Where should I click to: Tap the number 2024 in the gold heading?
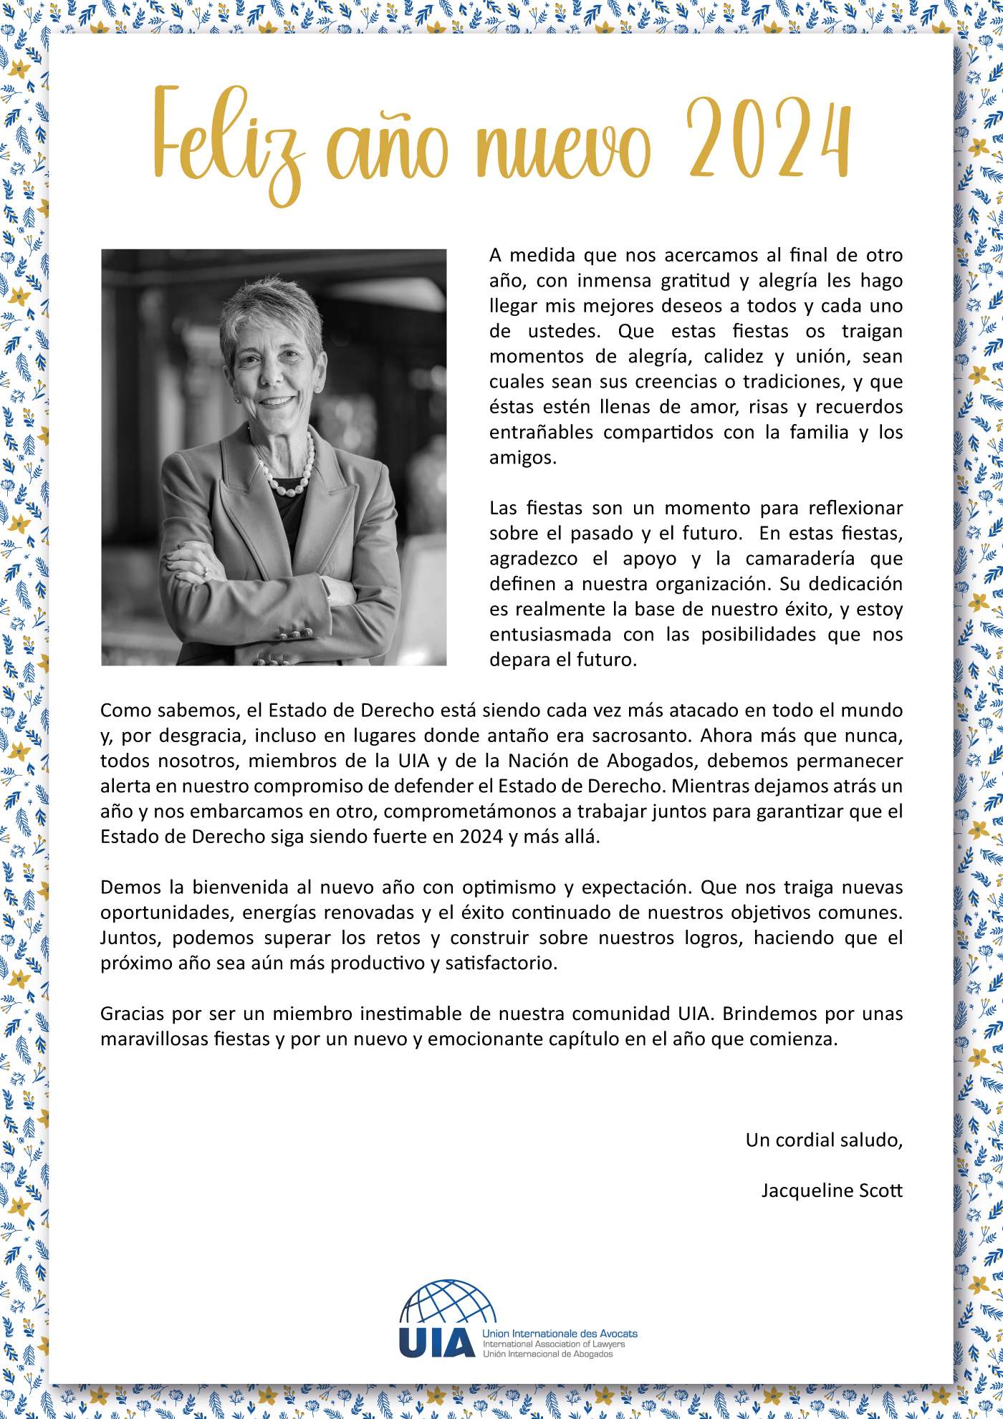tap(769, 138)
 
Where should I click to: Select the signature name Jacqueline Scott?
tap(832, 1190)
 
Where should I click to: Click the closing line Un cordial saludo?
tap(824, 1140)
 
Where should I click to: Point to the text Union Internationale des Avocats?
tap(560, 1333)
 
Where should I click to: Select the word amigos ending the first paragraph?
tap(522, 458)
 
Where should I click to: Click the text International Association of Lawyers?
tap(554, 1344)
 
